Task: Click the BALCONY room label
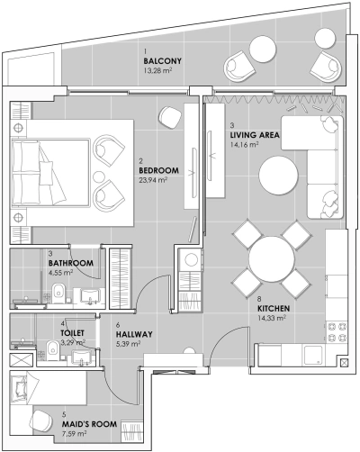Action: coord(163,60)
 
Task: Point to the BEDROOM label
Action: coord(158,170)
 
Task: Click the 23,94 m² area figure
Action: coord(155,180)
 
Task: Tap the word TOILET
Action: coord(72,332)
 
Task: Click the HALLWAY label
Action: coord(134,334)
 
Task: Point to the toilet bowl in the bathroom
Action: coord(58,290)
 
